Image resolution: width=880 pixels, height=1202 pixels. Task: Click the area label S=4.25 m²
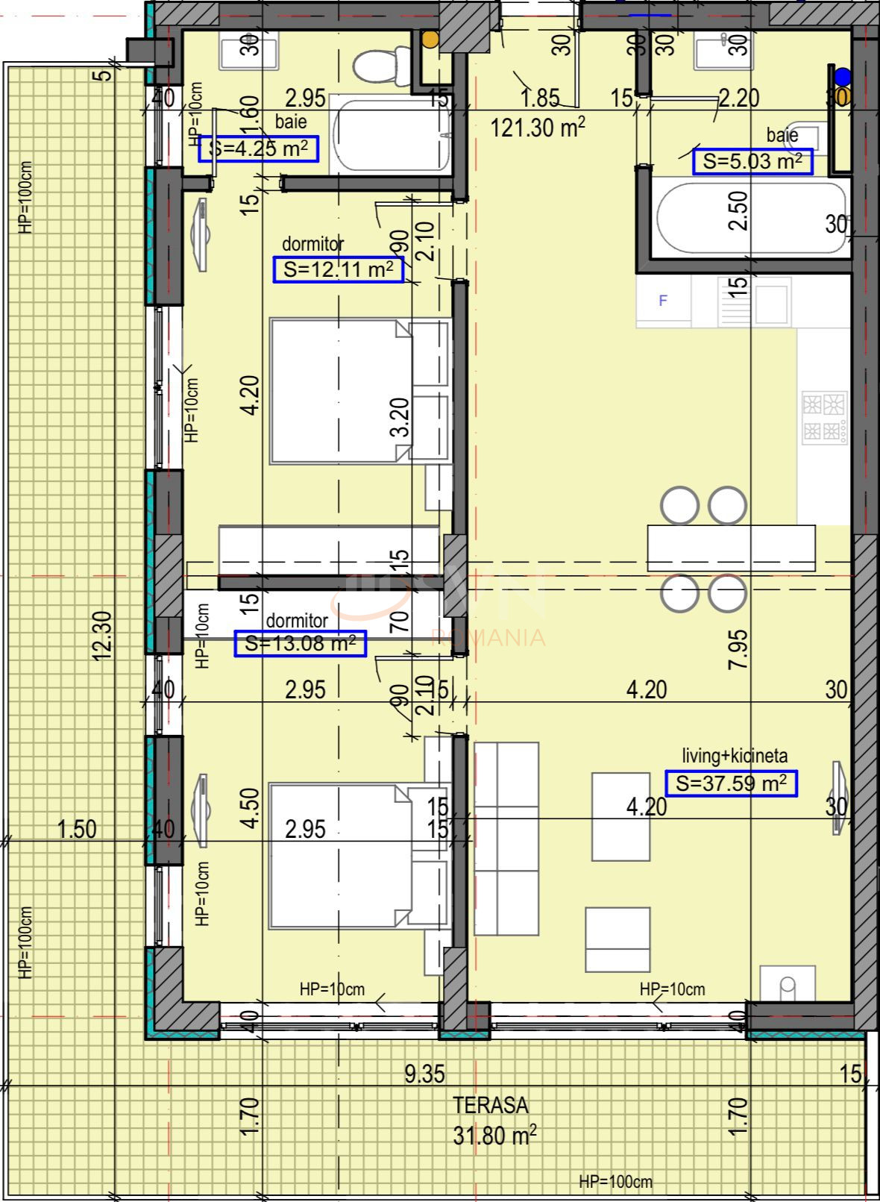258,148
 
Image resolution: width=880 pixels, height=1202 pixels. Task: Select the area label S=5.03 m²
752,161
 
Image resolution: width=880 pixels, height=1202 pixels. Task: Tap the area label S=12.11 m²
338,269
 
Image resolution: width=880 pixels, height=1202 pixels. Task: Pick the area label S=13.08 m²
300,643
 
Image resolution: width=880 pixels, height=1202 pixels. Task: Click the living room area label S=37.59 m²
730,783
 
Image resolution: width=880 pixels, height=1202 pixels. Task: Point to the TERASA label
491,1104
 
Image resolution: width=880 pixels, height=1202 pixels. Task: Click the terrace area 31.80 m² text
494,1136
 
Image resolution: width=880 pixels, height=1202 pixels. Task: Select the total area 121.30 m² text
537,128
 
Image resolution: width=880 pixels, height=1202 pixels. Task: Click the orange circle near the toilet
430,40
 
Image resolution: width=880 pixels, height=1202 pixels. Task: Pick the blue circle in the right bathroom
842,75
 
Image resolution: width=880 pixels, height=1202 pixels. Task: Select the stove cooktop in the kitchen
824,418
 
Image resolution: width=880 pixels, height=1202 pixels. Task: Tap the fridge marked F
663,301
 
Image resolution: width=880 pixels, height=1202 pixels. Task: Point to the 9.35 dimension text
424,1074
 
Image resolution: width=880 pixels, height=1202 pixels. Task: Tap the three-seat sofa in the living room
506,839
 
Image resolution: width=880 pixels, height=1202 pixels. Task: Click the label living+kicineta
735,756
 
